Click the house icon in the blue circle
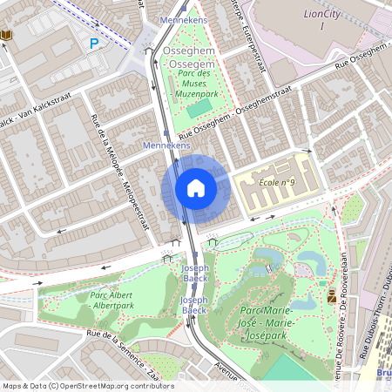pyautogui.click(x=196, y=187)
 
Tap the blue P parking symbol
pyautogui.click(x=94, y=42)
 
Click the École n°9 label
pyautogui.click(x=278, y=182)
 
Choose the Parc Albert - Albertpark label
pyautogui.click(x=111, y=301)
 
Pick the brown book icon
pyautogui.click(x=7, y=34)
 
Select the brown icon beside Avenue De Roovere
pyautogui.click(x=332, y=297)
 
